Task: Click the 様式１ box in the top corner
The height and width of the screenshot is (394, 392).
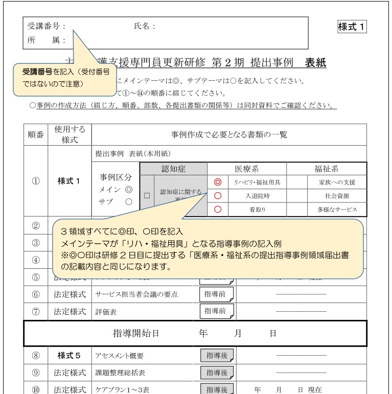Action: coord(352,27)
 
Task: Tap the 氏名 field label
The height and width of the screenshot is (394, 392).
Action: coord(144,27)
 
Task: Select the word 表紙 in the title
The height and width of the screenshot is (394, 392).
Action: coord(315,63)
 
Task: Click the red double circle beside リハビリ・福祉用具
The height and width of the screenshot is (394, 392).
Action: coord(217,182)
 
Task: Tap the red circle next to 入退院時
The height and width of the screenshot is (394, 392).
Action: coord(217,196)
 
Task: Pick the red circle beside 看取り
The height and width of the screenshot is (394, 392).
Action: coord(217,209)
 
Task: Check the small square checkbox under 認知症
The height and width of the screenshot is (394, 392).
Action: coord(147,195)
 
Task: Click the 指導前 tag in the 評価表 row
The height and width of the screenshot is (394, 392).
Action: coord(216,310)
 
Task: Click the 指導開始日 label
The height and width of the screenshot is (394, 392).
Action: coord(136,333)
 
